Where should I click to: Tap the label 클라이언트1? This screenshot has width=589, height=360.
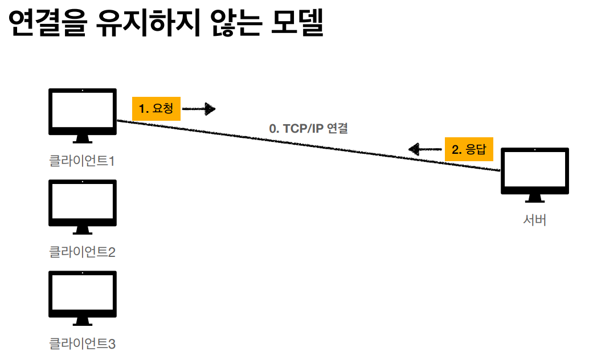point(83,161)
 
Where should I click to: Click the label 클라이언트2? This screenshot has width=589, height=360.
point(83,252)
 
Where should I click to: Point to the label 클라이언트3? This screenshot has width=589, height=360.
point(83,343)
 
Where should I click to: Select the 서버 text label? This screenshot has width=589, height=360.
point(534,220)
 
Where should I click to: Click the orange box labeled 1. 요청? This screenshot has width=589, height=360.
point(156,108)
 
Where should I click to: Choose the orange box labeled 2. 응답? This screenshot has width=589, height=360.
point(469,150)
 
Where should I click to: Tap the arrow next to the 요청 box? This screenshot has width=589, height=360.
point(199,108)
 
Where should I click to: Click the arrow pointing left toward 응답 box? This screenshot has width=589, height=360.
point(425,150)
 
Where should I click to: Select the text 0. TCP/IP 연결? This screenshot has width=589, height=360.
point(308,129)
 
